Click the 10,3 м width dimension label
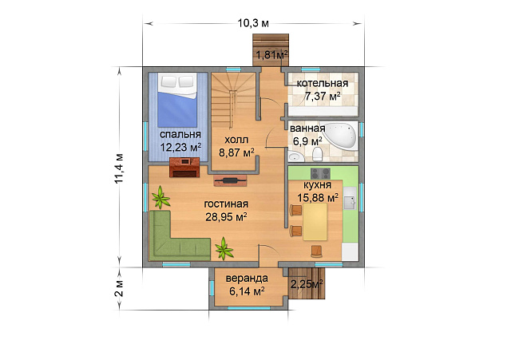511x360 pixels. (x=253, y=23)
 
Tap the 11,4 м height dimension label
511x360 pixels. (x=119, y=168)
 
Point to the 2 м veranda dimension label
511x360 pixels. (x=119, y=288)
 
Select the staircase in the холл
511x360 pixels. (x=233, y=101)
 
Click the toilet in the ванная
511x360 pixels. (x=318, y=154)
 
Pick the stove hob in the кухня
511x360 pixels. (x=320, y=174)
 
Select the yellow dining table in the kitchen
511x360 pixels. (x=315, y=222)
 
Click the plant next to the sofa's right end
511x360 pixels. (x=224, y=248)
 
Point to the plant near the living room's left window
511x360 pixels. (x=160, y=197)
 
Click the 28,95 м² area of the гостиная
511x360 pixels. (x=226, y=216)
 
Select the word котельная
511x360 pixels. (x=323, y=83)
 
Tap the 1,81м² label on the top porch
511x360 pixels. (x=271, y=55)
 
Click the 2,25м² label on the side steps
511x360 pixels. (x=307, y=284)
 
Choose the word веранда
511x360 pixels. (x=247, y=279)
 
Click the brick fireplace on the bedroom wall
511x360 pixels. (x=184, y=168)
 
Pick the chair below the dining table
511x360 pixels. (x=317, y=251)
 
